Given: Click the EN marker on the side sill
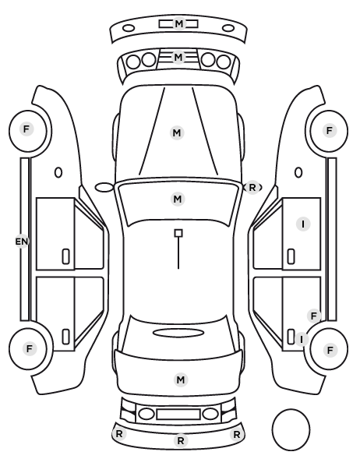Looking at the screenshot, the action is pyautogui.click(x=21, y=242).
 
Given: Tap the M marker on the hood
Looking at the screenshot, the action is pyautogui.click(x=177, y=132).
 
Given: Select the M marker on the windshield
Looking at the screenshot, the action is pyautogui.click(x=178, y=199).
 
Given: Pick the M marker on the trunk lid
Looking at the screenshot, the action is pyautogui.click(x=181, y=380).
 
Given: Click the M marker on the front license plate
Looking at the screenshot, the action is pyautogui.click(x=178, y=23).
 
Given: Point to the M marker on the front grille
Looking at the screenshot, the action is pyautogui.click(x=178, y=57).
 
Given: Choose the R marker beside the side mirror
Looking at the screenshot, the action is pyautogui.click(x=252, y=188).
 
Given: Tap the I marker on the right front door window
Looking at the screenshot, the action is pyautogui.click(x=303, y=224).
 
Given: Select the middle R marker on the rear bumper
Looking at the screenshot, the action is pyautogui.click(x=181, y=441).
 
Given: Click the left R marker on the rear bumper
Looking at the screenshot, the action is pyautogui.click(x=119, y=434).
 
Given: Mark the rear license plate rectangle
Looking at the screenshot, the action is pyautogui.click(x=178, y=414).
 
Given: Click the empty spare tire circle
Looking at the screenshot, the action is pyautogui.click(x=291, y=429).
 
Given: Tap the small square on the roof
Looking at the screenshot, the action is pyautogui.click(x=178, y=233).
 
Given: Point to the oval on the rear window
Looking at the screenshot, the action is pyautogui.click(x=178, y=333).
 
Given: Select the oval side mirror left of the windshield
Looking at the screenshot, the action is pyautogui.click(x=104, y=188).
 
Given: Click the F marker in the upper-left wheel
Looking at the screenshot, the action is pyautogui.click(x=26, y=129).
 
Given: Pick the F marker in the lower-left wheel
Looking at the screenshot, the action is pyautogui.click(x=29, y=348).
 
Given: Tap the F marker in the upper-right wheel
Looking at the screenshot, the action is pyautogui.click(x=329, y=130).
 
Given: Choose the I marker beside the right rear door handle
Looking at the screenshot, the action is pyautogui.click(x=302, y=339).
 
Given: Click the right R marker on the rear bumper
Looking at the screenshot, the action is pyautogui.click(x=237, y=435).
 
